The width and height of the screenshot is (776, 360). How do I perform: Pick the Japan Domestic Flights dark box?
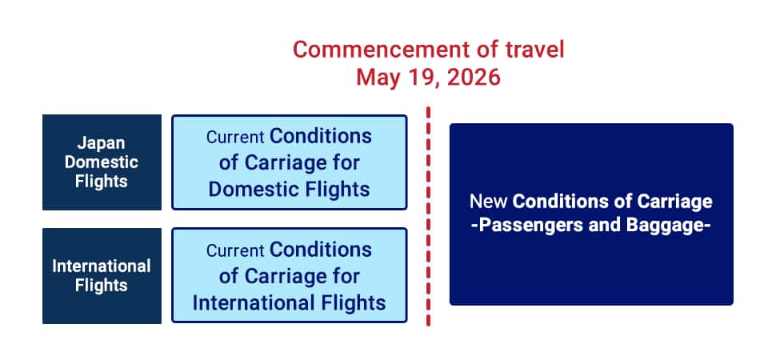[x=102, y=162]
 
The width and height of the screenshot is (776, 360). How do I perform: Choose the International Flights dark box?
[x=102, y=276]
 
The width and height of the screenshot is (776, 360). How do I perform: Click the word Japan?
[x=102, y=143]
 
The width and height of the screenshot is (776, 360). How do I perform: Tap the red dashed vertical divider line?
[x=428, y=216]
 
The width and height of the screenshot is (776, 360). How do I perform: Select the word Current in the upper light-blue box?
[x=235, y=137]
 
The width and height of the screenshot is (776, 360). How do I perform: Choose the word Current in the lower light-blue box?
[x=235, y=250]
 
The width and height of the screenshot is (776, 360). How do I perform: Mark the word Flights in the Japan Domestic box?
[x=102, y=182]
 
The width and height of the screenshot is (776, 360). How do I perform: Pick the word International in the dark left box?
[x=102, y=266]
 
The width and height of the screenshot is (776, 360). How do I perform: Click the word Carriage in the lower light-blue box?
[x=286, y=277]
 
